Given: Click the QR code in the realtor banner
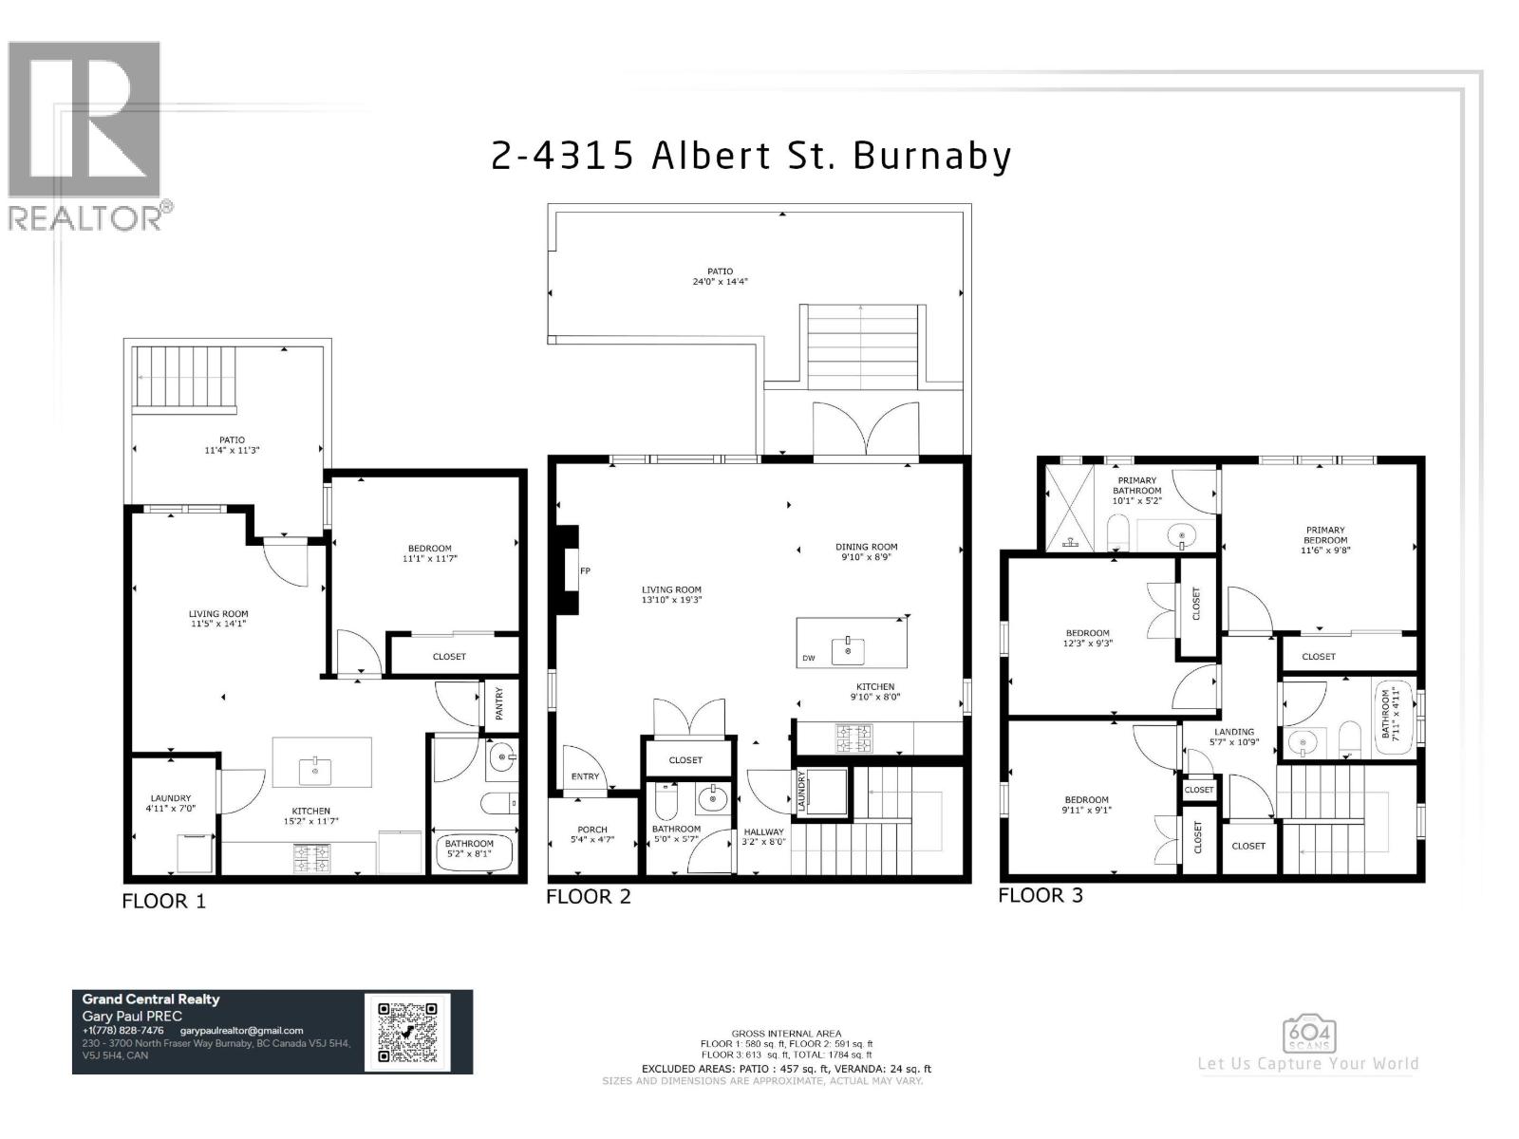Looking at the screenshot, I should tap(407, 1033).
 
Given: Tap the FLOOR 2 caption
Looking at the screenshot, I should tap(588, 896).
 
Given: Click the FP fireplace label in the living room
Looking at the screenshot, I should tap(586, 570).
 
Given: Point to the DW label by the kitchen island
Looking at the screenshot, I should tap(808, 658).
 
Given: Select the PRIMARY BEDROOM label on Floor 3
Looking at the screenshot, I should tap(1325, 535).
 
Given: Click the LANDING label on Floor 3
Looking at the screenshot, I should tap(1234, 732).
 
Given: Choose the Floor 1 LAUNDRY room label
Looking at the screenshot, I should tap(171, 798).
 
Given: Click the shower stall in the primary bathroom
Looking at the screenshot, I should tap(1069, 509).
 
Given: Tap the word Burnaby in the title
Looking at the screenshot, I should tap(932, 156).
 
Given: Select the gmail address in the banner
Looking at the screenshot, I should tap(241, 1031).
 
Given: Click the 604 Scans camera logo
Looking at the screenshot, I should tap(1309, 1035).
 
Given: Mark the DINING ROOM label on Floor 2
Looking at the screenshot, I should tap(866, 547).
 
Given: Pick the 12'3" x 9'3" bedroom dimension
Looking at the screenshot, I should tap(1087, 644).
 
